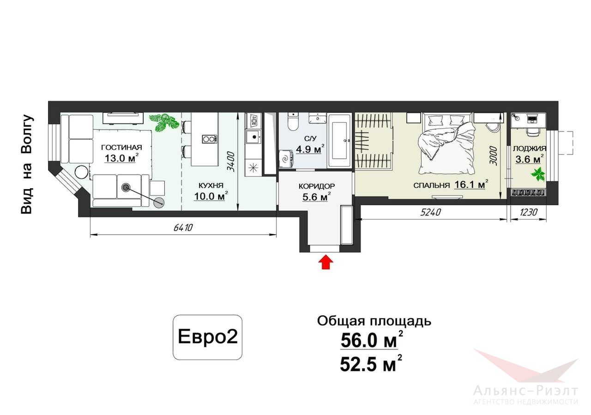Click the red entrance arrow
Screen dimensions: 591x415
click(326, 261)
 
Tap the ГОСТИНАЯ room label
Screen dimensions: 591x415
click(121, 148)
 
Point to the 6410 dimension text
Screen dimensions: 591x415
click(183, 227)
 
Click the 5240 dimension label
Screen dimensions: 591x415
click(430, 212)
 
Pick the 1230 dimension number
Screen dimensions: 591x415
click(529, 212)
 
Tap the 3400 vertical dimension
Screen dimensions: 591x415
click(231, 161)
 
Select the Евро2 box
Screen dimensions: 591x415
click(207, 337)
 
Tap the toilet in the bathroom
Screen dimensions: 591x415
click(293, 122)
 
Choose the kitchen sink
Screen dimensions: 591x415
click(253, 137)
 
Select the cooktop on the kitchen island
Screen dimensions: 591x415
click(210, 139)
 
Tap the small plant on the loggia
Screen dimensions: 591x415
click(538, 174)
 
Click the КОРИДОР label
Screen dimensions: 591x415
click(317, 186)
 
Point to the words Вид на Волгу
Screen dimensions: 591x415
click(27, 164)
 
